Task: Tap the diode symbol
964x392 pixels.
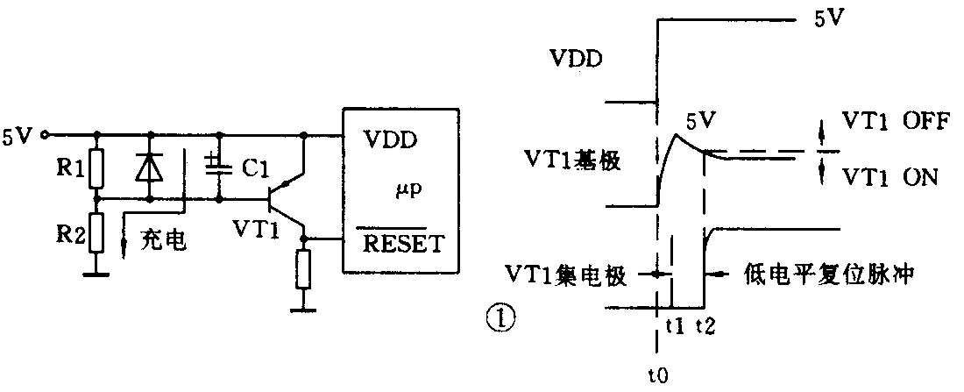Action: [x=150, y=167]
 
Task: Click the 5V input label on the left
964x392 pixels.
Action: [x=18, y=136]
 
